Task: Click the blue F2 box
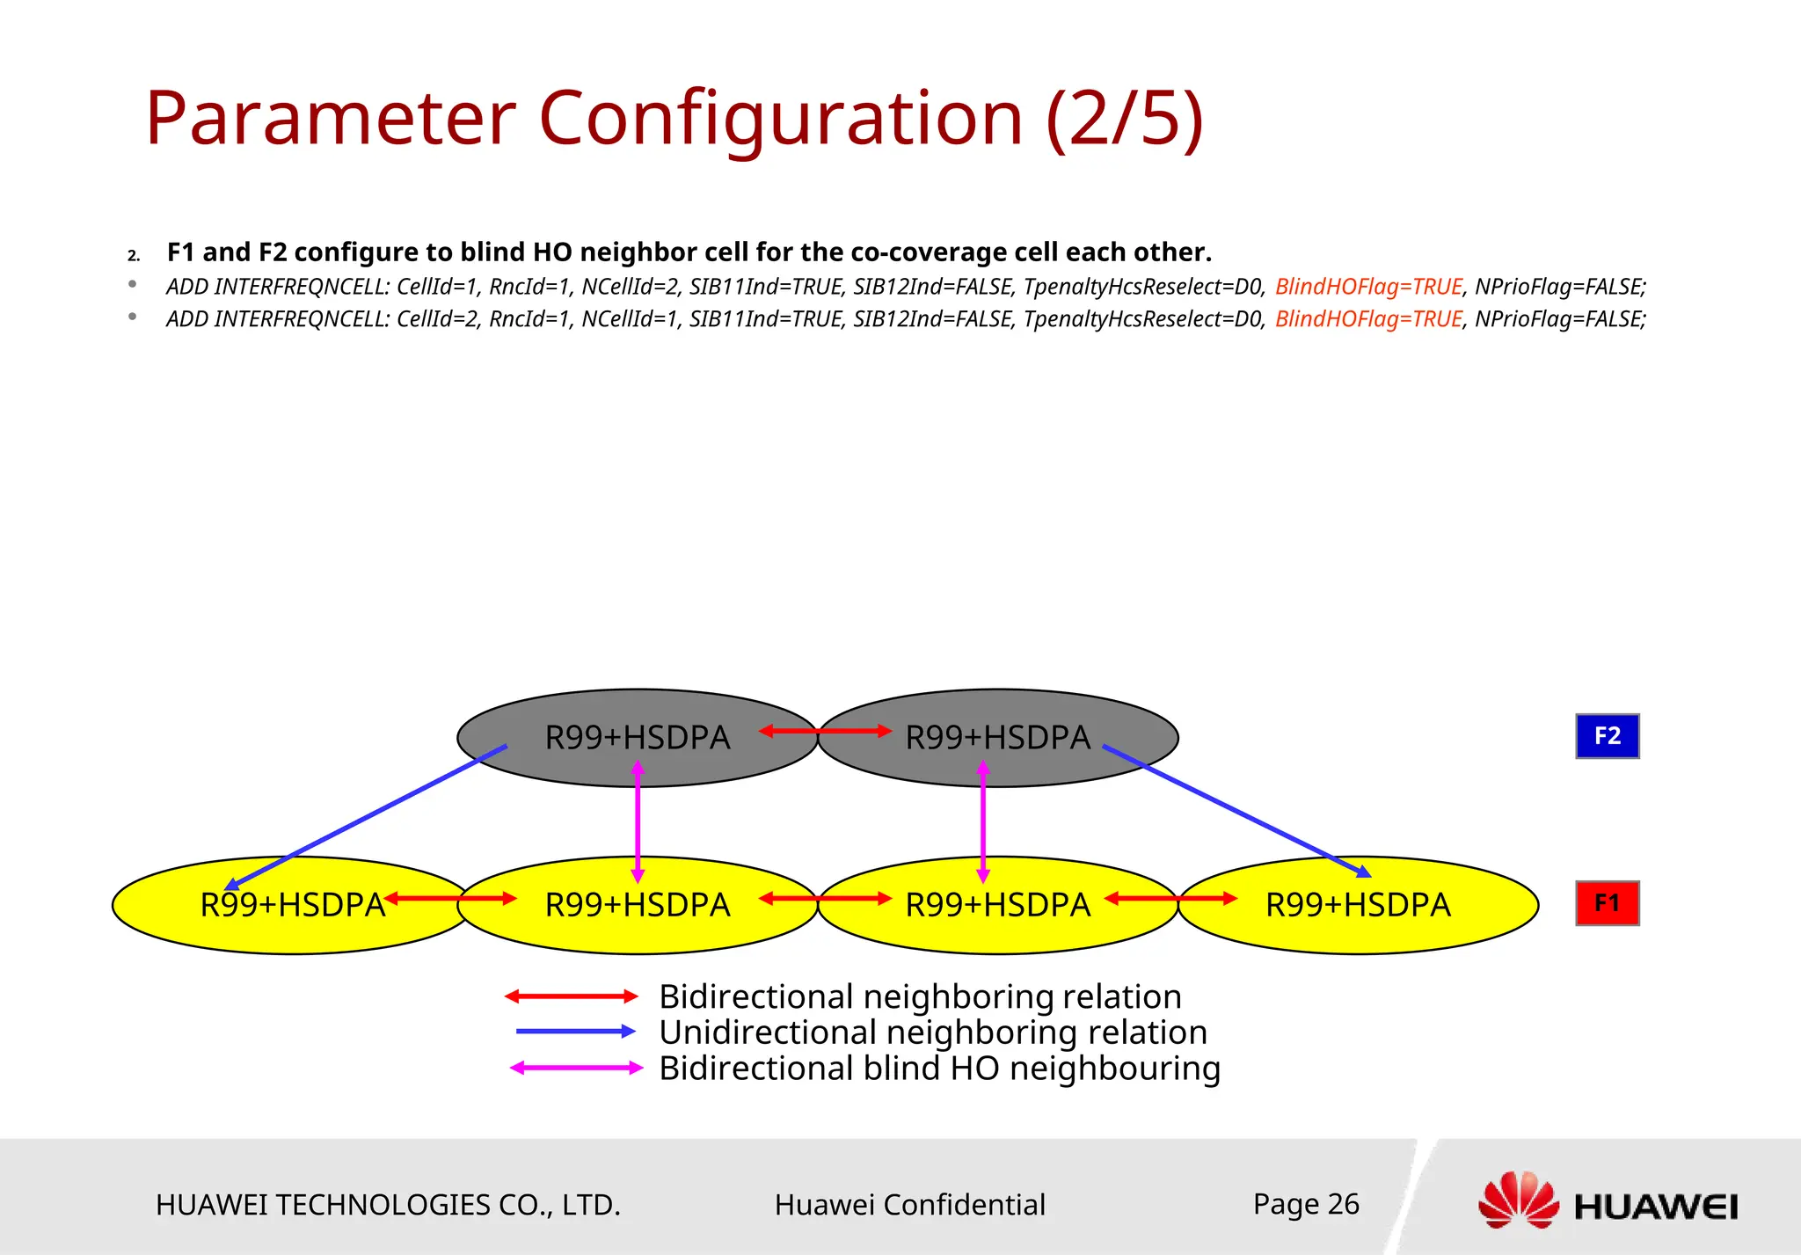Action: point(1607,736)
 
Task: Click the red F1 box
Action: point(1607,903)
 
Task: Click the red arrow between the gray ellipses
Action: point(825,731)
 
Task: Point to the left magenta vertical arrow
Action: point(638,822)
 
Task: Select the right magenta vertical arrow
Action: point(983,822)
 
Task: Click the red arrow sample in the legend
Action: point(572,996)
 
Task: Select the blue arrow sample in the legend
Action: point(576,1032)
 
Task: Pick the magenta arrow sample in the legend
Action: point(576,1068)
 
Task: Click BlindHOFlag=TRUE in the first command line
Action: point(1368,287)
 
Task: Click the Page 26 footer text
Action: point(1306,1204)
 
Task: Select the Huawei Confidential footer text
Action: point(909,1205)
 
